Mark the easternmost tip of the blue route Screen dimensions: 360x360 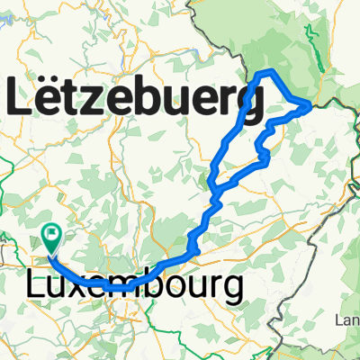pos(310,105)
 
